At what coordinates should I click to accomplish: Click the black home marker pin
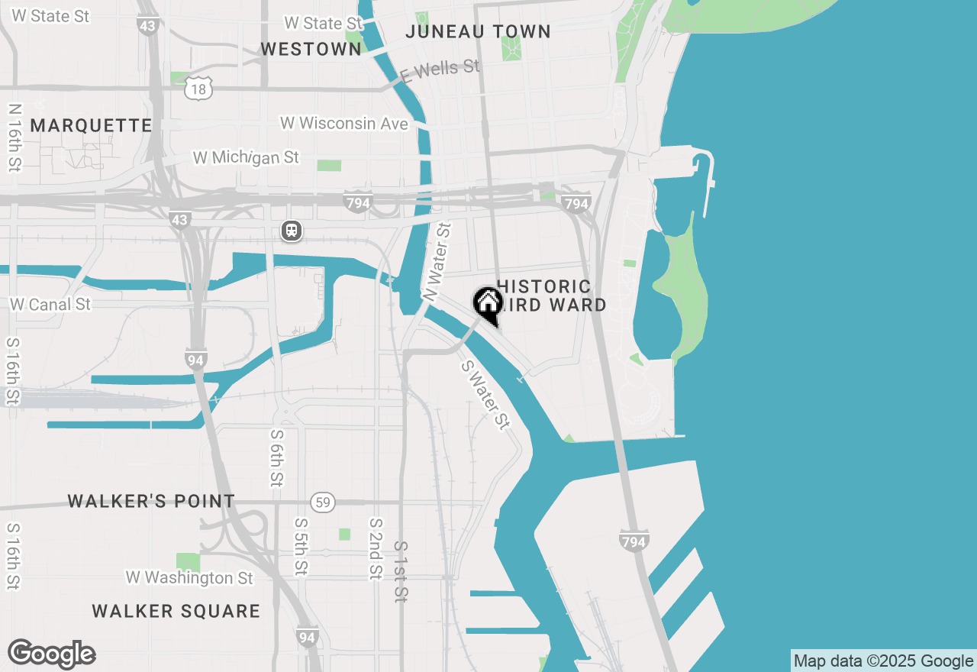click(488, 305)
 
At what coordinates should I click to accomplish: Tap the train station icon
click(291, 231)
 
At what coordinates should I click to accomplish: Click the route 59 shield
click(323, 502)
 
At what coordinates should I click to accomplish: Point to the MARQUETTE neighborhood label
click(92, 126)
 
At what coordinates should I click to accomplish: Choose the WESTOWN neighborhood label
click(311, 50)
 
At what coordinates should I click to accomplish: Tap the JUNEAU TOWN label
click(478, 31)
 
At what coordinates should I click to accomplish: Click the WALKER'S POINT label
click(151, 502)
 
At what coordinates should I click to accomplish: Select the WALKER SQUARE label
click(176, 612)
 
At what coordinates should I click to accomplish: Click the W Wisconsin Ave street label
click(343, 123)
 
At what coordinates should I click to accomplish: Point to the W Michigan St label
click(246, 158)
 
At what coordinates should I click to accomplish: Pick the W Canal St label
click(50, 304)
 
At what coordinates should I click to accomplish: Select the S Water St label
click(485, 394)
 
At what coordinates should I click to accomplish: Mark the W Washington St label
click(189, 577)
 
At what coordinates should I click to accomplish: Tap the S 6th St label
click(276, 457)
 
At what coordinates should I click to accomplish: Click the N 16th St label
click(15, 137)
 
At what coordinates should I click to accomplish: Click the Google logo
click(51, 654)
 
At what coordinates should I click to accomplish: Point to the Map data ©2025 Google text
click(883, 661)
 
